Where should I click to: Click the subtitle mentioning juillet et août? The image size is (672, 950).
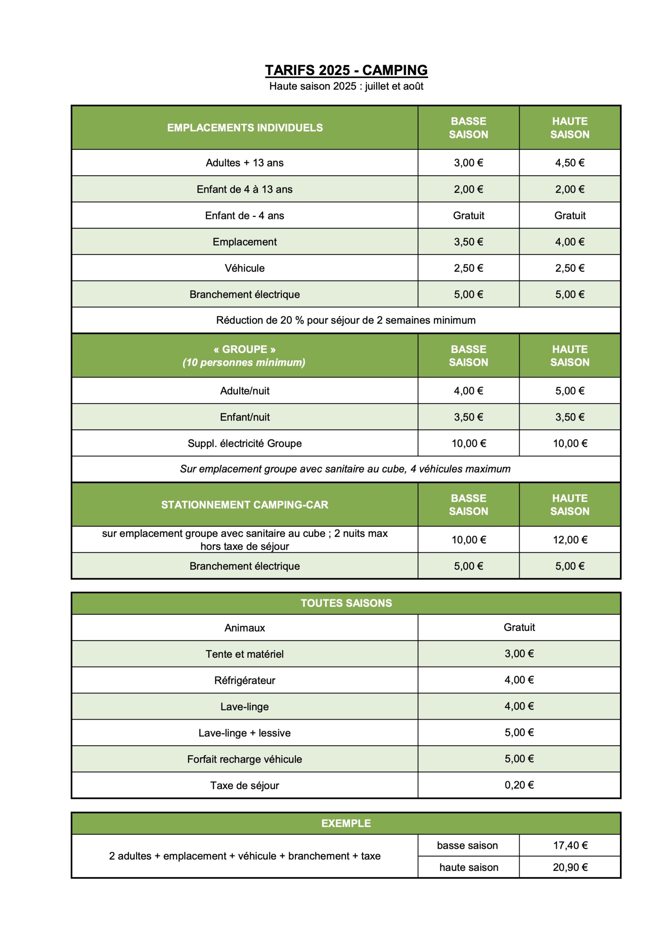coord(346,86)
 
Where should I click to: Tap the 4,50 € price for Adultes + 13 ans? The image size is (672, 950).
coord(570,163)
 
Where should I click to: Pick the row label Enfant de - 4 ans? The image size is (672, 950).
coord(245,216)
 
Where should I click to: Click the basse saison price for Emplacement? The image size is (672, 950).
coord(468,242)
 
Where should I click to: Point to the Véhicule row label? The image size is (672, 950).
coord(245,268)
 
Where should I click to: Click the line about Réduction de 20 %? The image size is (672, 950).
coord(346,320)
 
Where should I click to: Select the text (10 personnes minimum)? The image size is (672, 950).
coord(244,363)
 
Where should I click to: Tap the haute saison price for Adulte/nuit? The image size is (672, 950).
coord(570,391)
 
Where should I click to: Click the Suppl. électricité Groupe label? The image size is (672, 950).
coord(245,443)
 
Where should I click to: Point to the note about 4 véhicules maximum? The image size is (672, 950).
coord(345,469)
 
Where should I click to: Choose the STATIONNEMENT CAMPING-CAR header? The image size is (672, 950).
coord(245,505)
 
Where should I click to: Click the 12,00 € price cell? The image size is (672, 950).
coord(570,540)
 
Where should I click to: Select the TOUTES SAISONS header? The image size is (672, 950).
coord(346,603)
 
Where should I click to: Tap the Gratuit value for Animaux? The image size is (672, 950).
coord(519,627)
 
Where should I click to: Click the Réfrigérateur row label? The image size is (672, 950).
coord(245,680)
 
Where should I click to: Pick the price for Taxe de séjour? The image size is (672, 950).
coord(519,785)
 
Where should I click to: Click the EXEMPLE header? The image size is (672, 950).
coord(346,823)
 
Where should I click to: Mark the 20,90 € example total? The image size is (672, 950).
coord(570,867)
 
